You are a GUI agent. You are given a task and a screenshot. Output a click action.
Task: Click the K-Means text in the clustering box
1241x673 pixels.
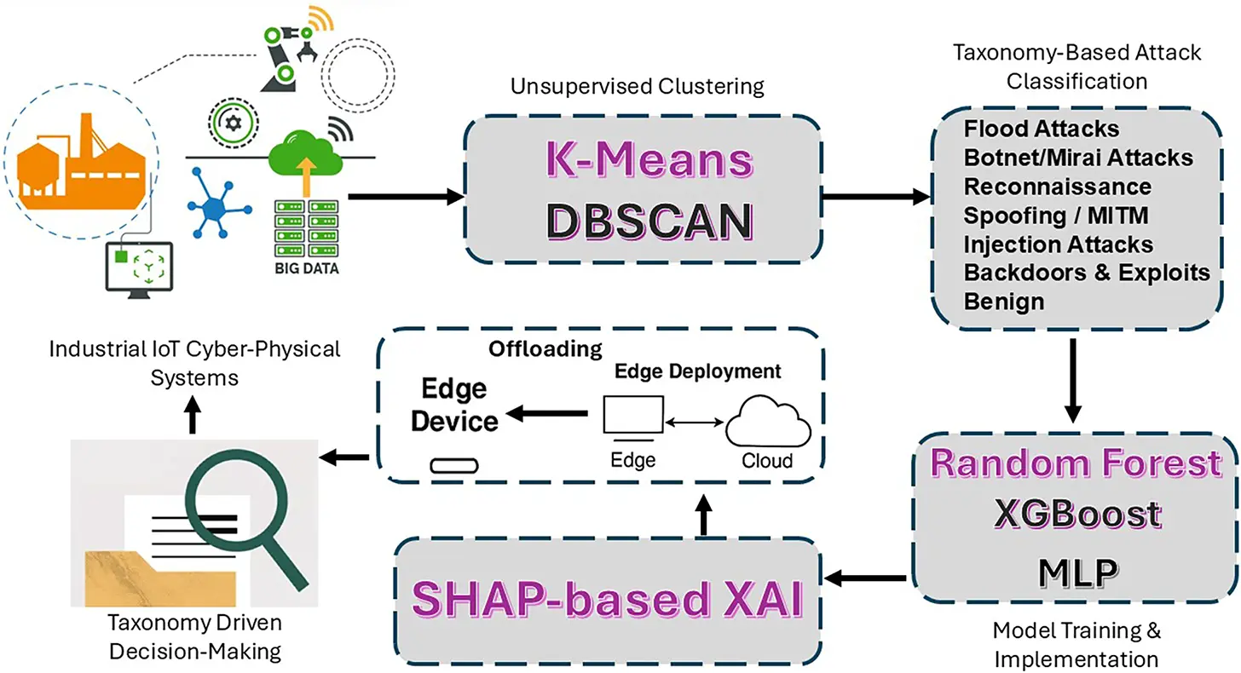point(649,159)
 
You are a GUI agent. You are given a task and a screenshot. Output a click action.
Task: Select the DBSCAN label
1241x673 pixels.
point(649,221)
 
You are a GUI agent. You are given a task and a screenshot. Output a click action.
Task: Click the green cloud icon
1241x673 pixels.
point(305,152)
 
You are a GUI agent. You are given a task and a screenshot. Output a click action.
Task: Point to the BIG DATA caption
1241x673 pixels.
point(306,268)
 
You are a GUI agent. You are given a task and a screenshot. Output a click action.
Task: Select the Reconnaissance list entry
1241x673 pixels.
point(1057,187)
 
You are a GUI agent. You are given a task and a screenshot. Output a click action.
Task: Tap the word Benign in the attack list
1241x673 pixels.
point(1004,302)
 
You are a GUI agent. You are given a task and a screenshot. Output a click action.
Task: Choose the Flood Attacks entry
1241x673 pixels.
point(1042,129)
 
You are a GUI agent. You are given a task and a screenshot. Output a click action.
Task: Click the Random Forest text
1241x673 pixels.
point(1076,463)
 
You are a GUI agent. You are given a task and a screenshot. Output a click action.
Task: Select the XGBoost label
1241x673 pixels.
point(1077,514)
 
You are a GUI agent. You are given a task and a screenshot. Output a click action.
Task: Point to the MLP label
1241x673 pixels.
point(1077,572)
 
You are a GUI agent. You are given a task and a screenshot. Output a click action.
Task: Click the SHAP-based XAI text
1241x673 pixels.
point(607,600)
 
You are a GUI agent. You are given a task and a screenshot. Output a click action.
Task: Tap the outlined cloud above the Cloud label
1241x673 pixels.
point(768,421)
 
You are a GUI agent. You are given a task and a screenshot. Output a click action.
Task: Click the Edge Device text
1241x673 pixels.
point(454,405)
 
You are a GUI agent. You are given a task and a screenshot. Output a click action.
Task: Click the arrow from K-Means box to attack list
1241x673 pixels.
point(876,197)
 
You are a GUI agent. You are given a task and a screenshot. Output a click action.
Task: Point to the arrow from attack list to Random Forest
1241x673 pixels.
point(1073,381)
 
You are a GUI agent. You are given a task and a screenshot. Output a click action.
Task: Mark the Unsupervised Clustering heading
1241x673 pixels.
point(638,87)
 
